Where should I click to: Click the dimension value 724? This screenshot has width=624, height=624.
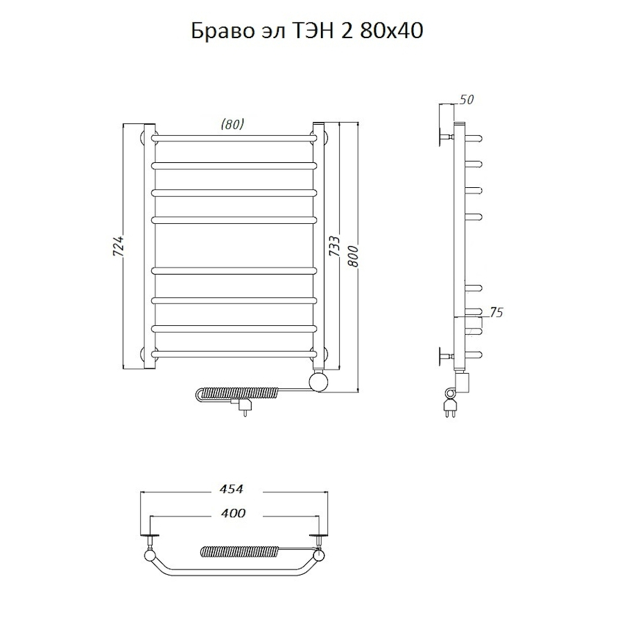pyautogui.click(x=119, y=247)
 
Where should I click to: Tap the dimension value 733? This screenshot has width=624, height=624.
pyautogui.click(x=334, y=247)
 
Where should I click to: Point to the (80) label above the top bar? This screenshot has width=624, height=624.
pyautogui.click(x=232, y=125)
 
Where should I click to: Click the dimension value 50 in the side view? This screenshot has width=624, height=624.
pyautogui.click(x=466, y=100)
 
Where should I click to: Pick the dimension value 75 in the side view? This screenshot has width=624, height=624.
pyautogui.click(x=496, y=313)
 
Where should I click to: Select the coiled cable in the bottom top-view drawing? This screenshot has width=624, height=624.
pyautogui.click(x=239, y=552)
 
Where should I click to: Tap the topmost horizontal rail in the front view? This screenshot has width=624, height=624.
pyautogui.click(x=232, y=137)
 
